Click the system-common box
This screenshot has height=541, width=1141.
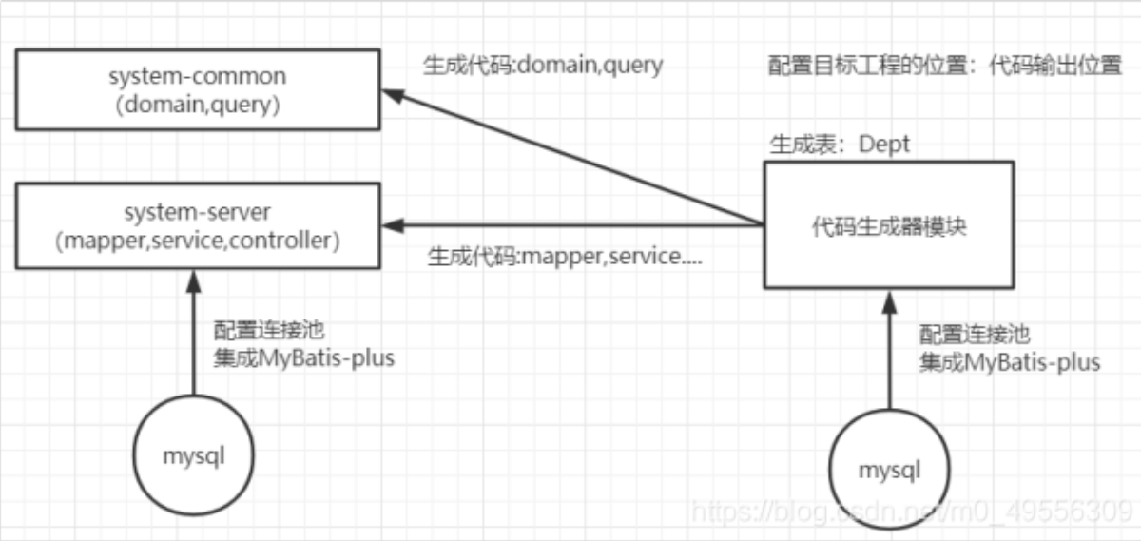[198, 90]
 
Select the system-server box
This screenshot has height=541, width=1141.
[198, 226]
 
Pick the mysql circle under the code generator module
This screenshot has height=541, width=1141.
[890, 469]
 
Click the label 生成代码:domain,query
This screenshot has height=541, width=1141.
[543, 66]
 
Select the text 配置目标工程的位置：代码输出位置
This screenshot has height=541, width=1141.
[945, 67]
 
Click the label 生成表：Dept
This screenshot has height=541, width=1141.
[839, 145]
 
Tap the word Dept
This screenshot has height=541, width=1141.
[884, 145]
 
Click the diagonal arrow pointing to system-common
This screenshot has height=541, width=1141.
[570, 157]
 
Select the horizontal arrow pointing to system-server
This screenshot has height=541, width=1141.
[570, 226]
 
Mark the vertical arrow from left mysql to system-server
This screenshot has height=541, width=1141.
[194, 333]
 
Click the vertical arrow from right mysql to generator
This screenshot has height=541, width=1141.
[888, 352]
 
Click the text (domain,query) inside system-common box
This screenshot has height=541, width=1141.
[198, 106]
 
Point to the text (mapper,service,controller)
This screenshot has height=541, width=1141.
[198, 241]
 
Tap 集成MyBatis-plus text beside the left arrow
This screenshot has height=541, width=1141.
[304, 358]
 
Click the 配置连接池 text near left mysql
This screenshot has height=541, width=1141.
[270, 331]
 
